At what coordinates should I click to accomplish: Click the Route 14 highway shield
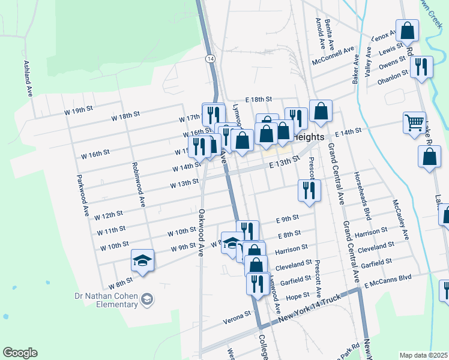pos(209,58)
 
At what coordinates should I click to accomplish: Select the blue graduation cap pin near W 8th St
pos(143,260)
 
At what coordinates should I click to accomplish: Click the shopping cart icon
pos(414,122)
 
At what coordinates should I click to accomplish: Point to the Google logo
pos(20,353)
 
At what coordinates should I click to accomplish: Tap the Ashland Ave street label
pos(28,79)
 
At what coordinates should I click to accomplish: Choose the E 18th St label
pos(259,99)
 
